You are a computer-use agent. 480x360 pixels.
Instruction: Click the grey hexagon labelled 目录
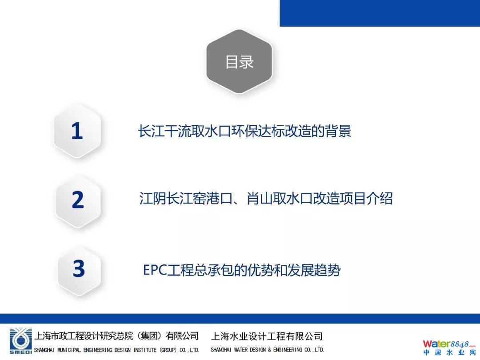[x=239, y=61]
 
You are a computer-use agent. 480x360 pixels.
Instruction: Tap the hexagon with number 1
[x=77, y=131]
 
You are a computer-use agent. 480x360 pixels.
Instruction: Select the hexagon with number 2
[x=78, y=200]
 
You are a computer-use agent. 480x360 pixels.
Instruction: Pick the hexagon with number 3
[x=79, y=269]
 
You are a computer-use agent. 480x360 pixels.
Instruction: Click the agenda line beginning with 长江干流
[x=244, y=131]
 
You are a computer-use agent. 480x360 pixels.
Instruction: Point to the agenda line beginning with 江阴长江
[x=266, y=198]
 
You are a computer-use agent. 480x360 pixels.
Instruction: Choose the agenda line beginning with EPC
[x=242, y=270]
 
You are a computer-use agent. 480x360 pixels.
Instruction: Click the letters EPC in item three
[x=155, y=270]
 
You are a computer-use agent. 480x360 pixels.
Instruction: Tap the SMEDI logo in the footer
[x=20, y=341]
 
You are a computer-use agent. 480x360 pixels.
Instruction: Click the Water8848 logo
[x=449, y=344]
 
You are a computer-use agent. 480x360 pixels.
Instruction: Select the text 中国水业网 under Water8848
[x=449, y=352]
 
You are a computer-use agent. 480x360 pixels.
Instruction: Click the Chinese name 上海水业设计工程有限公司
[x=267, y=336]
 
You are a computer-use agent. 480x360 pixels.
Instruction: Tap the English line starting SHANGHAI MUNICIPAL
[x=116, y=350]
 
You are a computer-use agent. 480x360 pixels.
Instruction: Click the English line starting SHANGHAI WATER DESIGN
[x=267, y=350]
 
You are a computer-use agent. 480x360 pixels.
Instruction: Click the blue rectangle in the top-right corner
[x=380, y=13]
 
